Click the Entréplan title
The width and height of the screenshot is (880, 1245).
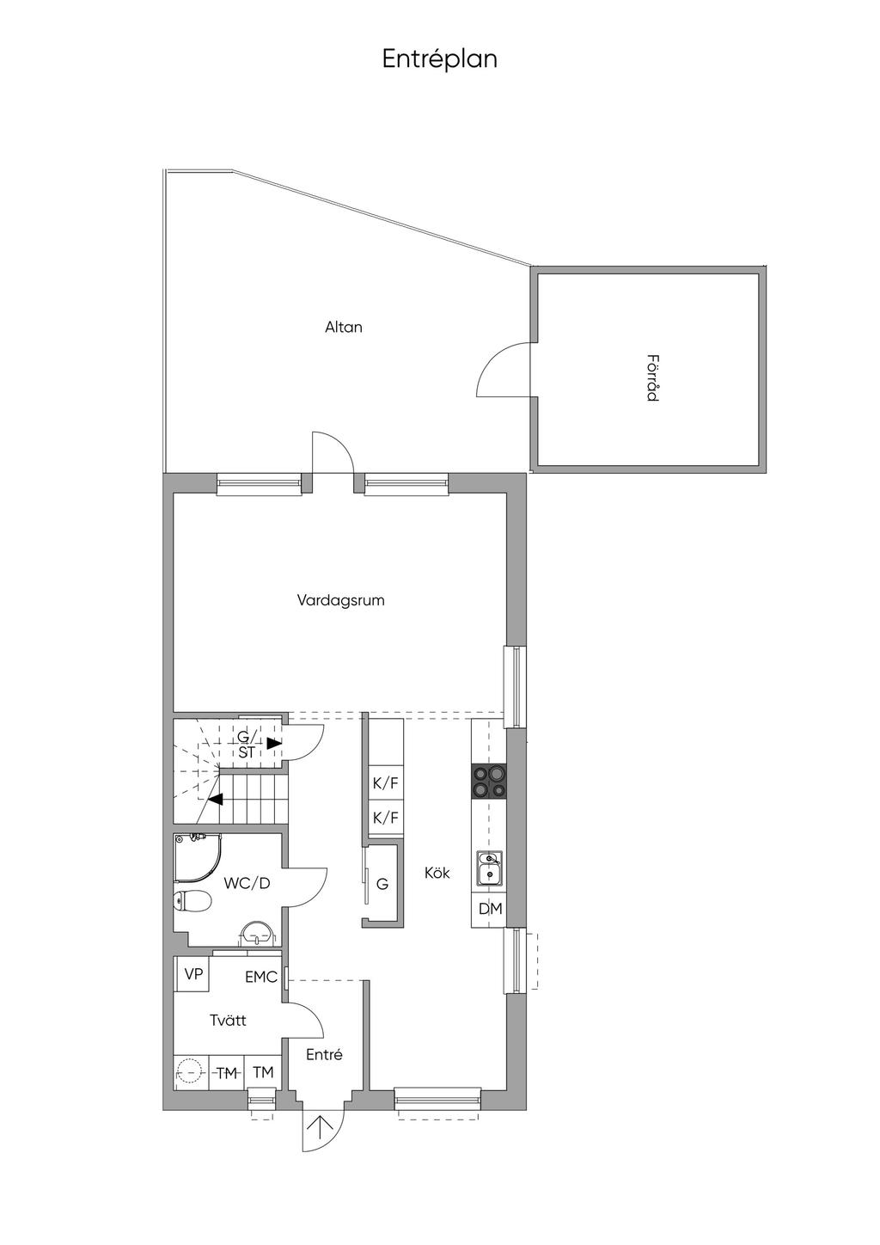[439, 59]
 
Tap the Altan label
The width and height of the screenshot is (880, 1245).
[343, 328]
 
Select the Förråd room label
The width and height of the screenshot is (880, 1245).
[653, 377]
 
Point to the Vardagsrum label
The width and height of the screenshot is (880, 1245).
[340, 600]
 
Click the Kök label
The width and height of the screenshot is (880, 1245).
[437, 873]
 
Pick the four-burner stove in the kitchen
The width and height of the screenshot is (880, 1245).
[489, 782]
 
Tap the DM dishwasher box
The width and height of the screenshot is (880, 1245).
[490, 909]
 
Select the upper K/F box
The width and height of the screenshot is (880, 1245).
[385, 783]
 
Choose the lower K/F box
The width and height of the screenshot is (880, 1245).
[385, 817]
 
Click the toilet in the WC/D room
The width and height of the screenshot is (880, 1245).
[192, 901]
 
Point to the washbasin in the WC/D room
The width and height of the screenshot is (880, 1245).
[256, 932]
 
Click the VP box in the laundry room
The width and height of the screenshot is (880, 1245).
[193, 974]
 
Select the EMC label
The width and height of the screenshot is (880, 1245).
[260, 977]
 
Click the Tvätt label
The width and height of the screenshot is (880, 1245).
[228, 1021]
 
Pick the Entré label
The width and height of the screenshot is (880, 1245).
[324, 1055]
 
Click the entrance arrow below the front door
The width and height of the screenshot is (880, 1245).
[323, 1127]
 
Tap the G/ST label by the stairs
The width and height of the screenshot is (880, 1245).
[246, 745]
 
